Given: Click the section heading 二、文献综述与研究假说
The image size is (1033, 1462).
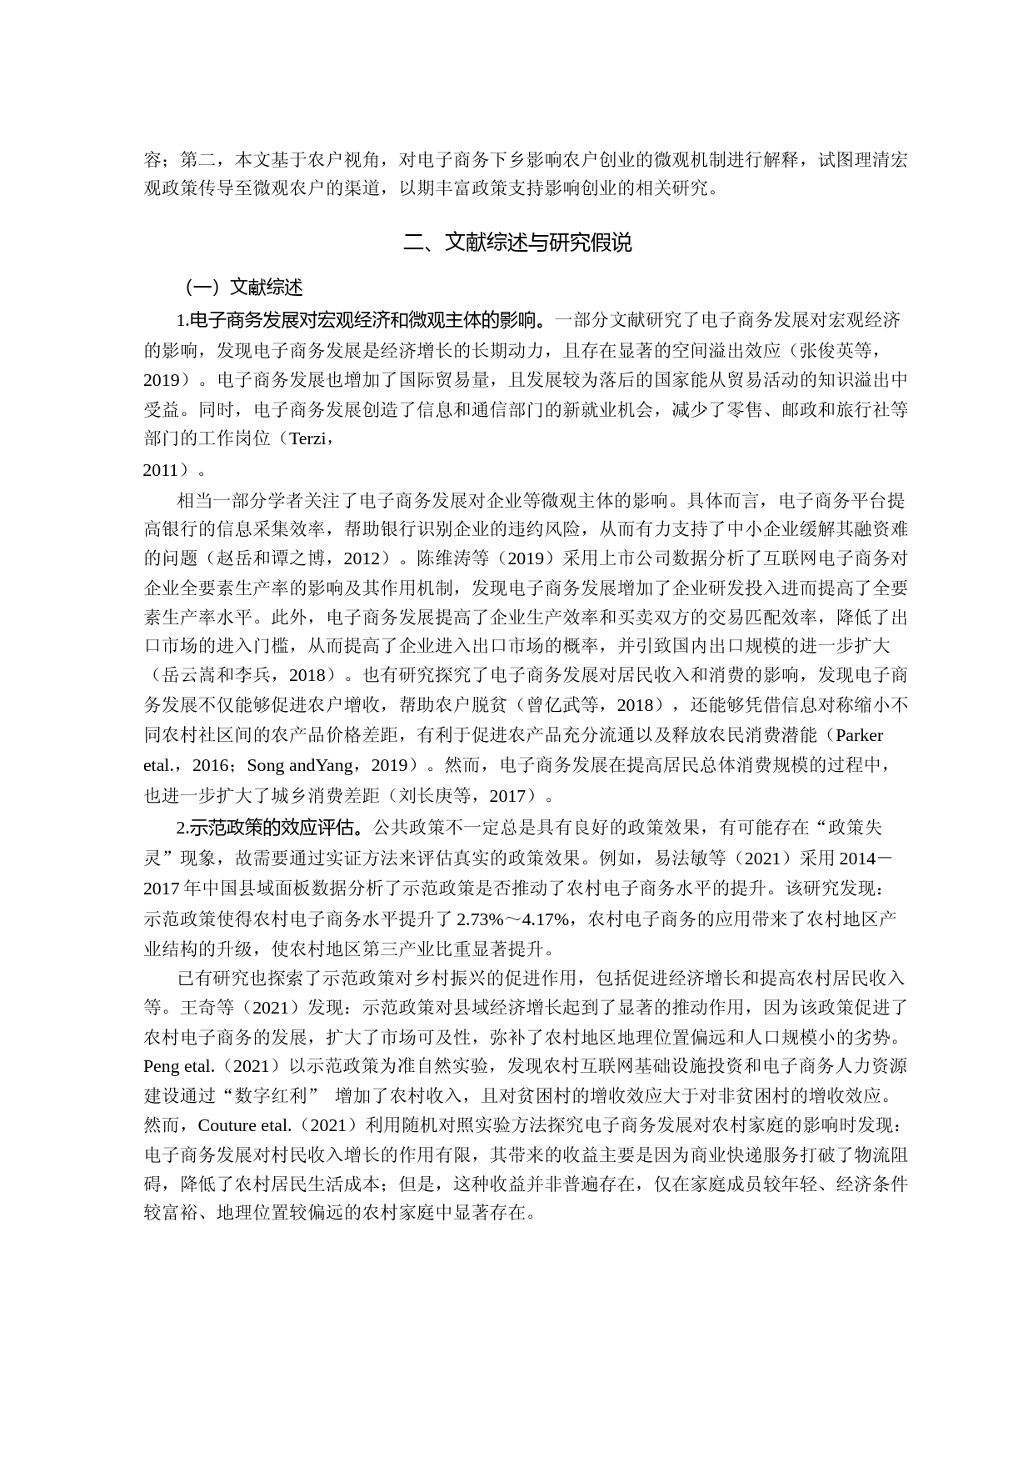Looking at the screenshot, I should [516, 243].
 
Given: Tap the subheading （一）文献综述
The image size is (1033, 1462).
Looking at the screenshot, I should [242, 288].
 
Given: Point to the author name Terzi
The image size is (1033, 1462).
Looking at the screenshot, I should [307, 438].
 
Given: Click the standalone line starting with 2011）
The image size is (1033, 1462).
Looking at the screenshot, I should [174, 470].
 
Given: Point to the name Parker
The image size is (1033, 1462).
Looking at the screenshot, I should [859, 735].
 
